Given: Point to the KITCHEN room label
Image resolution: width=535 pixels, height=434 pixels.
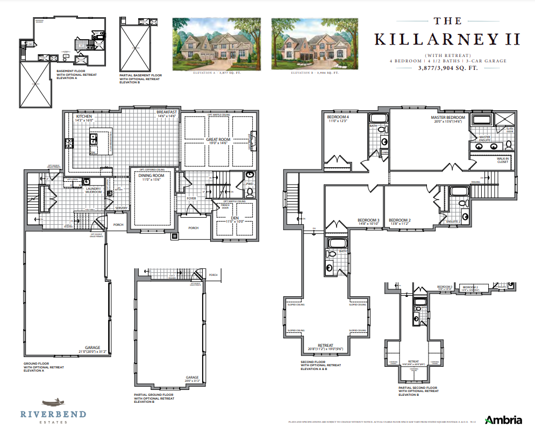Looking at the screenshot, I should [84, 116].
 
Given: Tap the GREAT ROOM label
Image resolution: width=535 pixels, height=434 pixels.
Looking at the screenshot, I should [218, 139].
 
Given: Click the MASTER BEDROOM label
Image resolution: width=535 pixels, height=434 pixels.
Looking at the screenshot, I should [447, 117].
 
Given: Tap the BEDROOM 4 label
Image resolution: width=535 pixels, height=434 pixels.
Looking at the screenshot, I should [338, 117].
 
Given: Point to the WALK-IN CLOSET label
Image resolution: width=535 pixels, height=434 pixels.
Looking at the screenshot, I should [503, 160].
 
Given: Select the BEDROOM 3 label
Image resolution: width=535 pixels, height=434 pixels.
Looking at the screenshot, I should [368, 220].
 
